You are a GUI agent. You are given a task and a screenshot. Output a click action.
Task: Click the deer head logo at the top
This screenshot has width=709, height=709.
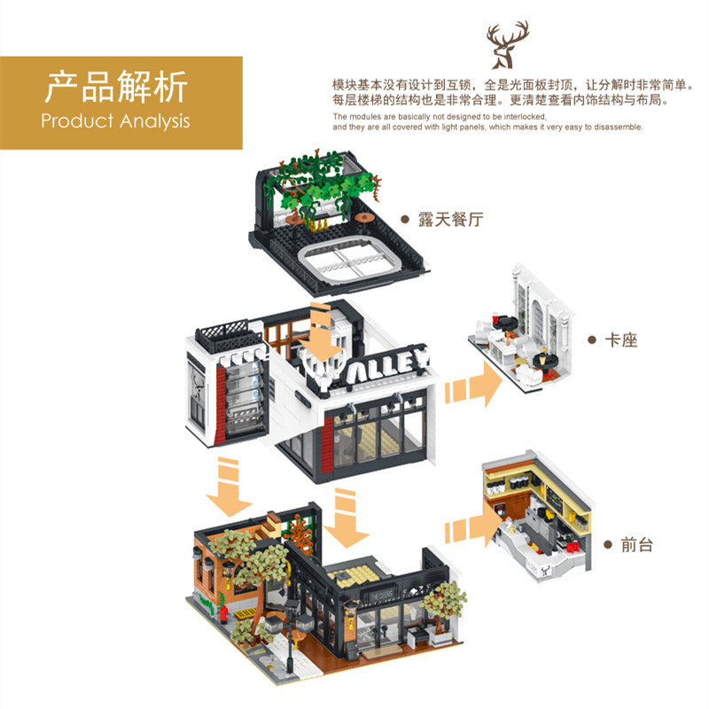507,45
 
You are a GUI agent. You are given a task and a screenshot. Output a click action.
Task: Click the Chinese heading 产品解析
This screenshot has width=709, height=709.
116,87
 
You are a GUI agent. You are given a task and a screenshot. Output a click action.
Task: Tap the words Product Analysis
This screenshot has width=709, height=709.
115,121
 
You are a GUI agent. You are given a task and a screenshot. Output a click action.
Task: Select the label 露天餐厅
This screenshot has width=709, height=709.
450,220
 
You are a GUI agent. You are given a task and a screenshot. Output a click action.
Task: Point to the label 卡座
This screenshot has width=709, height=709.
621,340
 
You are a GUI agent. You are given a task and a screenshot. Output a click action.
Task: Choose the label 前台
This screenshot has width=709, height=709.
636,545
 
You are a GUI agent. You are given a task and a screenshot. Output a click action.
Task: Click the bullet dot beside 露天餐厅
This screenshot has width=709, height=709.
405,220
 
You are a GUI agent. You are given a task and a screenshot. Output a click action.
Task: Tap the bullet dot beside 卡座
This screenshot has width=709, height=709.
592,340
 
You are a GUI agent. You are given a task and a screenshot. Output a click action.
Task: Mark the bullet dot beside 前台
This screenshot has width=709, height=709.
608,545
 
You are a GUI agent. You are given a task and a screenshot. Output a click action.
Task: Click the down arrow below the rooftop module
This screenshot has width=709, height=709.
322,332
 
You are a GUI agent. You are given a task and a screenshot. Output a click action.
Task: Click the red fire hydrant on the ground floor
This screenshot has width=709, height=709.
223,613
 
